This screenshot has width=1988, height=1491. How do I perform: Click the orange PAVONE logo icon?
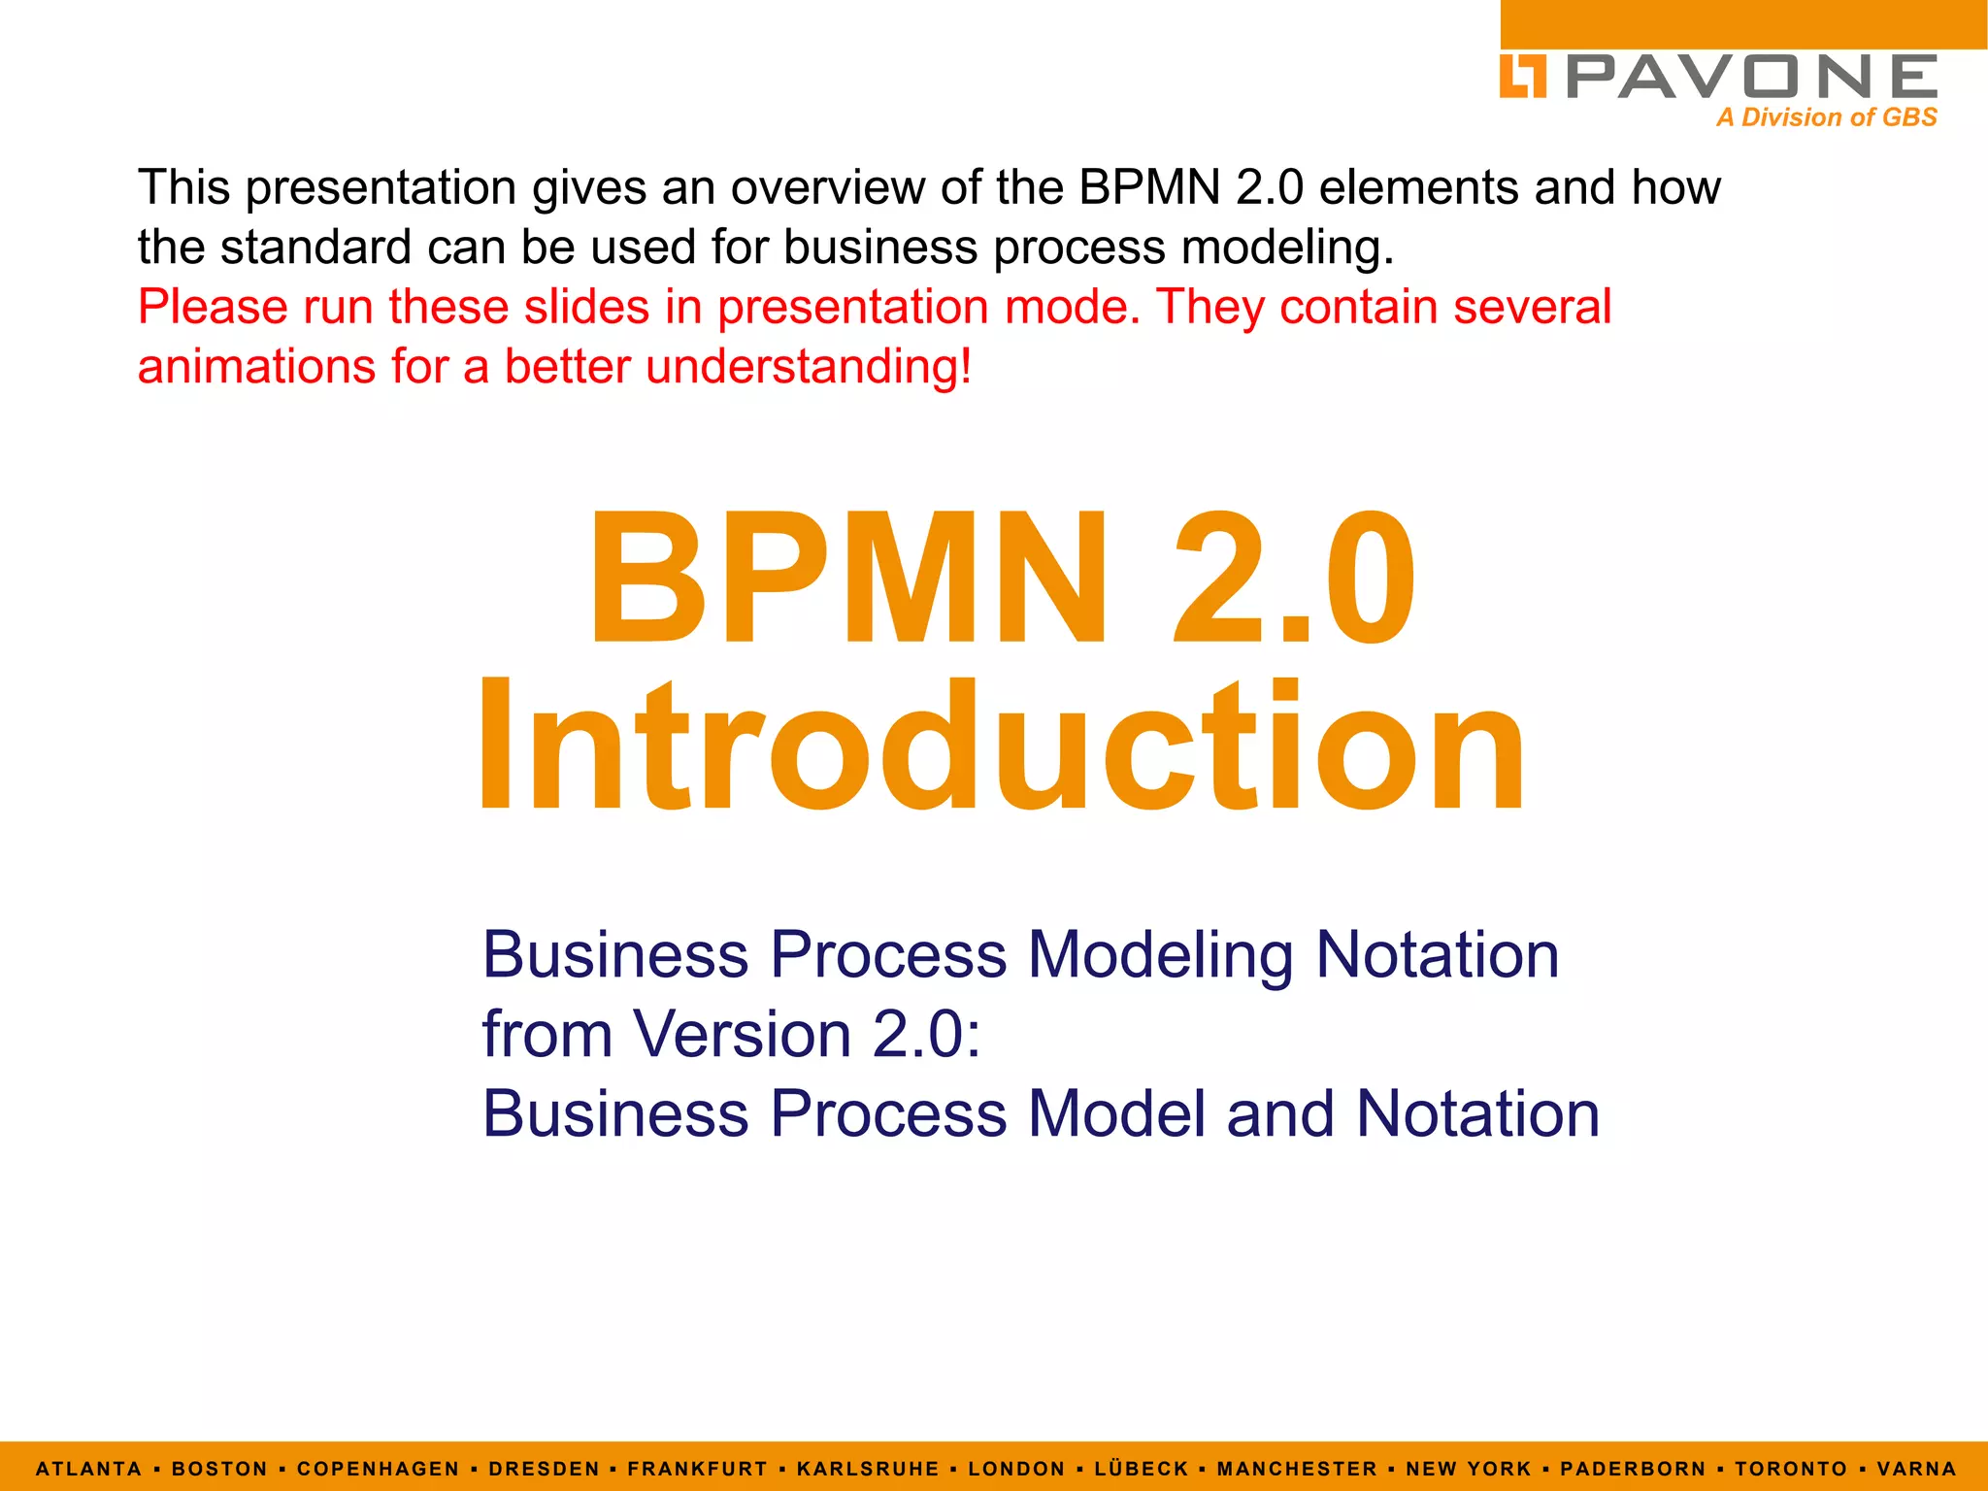coord(1522,77)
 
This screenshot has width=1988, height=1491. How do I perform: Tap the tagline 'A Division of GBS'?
coord(1826,117)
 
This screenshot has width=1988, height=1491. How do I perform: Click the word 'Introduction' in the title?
coord(1000,745)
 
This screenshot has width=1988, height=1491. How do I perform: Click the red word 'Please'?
coord(213,308)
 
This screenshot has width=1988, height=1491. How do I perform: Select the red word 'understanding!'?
coord(808,368)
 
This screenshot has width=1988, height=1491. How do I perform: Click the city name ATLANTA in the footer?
coord(89,1469)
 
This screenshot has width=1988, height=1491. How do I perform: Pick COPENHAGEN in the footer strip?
coord(378,1469)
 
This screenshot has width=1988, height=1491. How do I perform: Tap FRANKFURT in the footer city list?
coord(697,1469)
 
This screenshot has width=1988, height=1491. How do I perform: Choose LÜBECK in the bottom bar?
coord(1142,1469)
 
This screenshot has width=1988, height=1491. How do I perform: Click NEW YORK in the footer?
coord(1469,1469)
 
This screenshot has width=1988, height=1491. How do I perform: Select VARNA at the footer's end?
coord(1916,1469)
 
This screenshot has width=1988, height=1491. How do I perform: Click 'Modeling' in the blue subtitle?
coord(1160,955)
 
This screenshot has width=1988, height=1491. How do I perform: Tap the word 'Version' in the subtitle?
coord(743,1035)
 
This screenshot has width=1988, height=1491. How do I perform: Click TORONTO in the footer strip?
coord(1791,1469)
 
